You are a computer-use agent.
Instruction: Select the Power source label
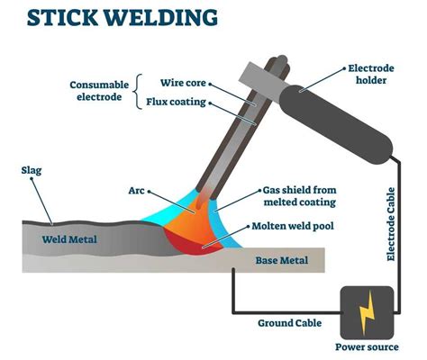click(x=366, y=346)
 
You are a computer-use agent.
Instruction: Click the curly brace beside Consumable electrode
click(x=137, y=92)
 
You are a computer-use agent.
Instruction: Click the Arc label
click(x=137, y=191)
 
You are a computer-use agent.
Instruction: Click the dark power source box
click(x=365, y=312)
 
